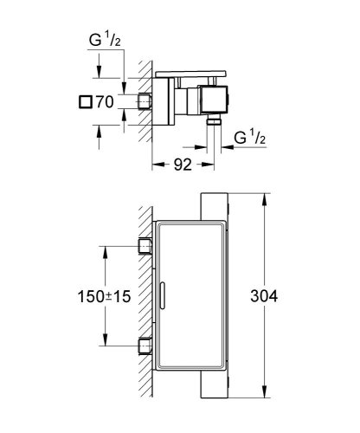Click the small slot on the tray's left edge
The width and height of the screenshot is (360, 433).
pos(162,293)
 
